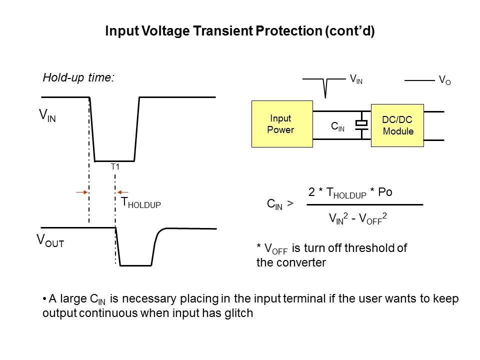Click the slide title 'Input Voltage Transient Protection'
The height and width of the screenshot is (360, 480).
(239, 31)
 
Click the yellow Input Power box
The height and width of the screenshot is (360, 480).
(281, 124)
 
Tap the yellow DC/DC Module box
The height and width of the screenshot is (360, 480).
(397, 125)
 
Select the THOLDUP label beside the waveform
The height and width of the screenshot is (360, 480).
(141, 203)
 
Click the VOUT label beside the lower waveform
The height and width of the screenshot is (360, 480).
(50, 240)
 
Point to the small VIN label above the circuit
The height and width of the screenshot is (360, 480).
(356, 79)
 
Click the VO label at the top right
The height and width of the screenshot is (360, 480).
(444, 80)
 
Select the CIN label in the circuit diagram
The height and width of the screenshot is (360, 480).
(338, 127)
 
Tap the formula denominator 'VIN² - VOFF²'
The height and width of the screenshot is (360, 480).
(358, 218)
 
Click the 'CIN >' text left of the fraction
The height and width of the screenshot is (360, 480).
(280, 204)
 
